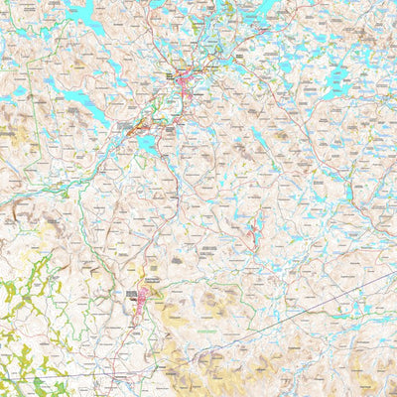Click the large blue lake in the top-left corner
(81, 14)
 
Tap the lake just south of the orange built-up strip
(147, 143)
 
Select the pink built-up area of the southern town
(138, 308)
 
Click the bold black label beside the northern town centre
(170, 75)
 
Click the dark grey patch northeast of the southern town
(176, 260)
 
